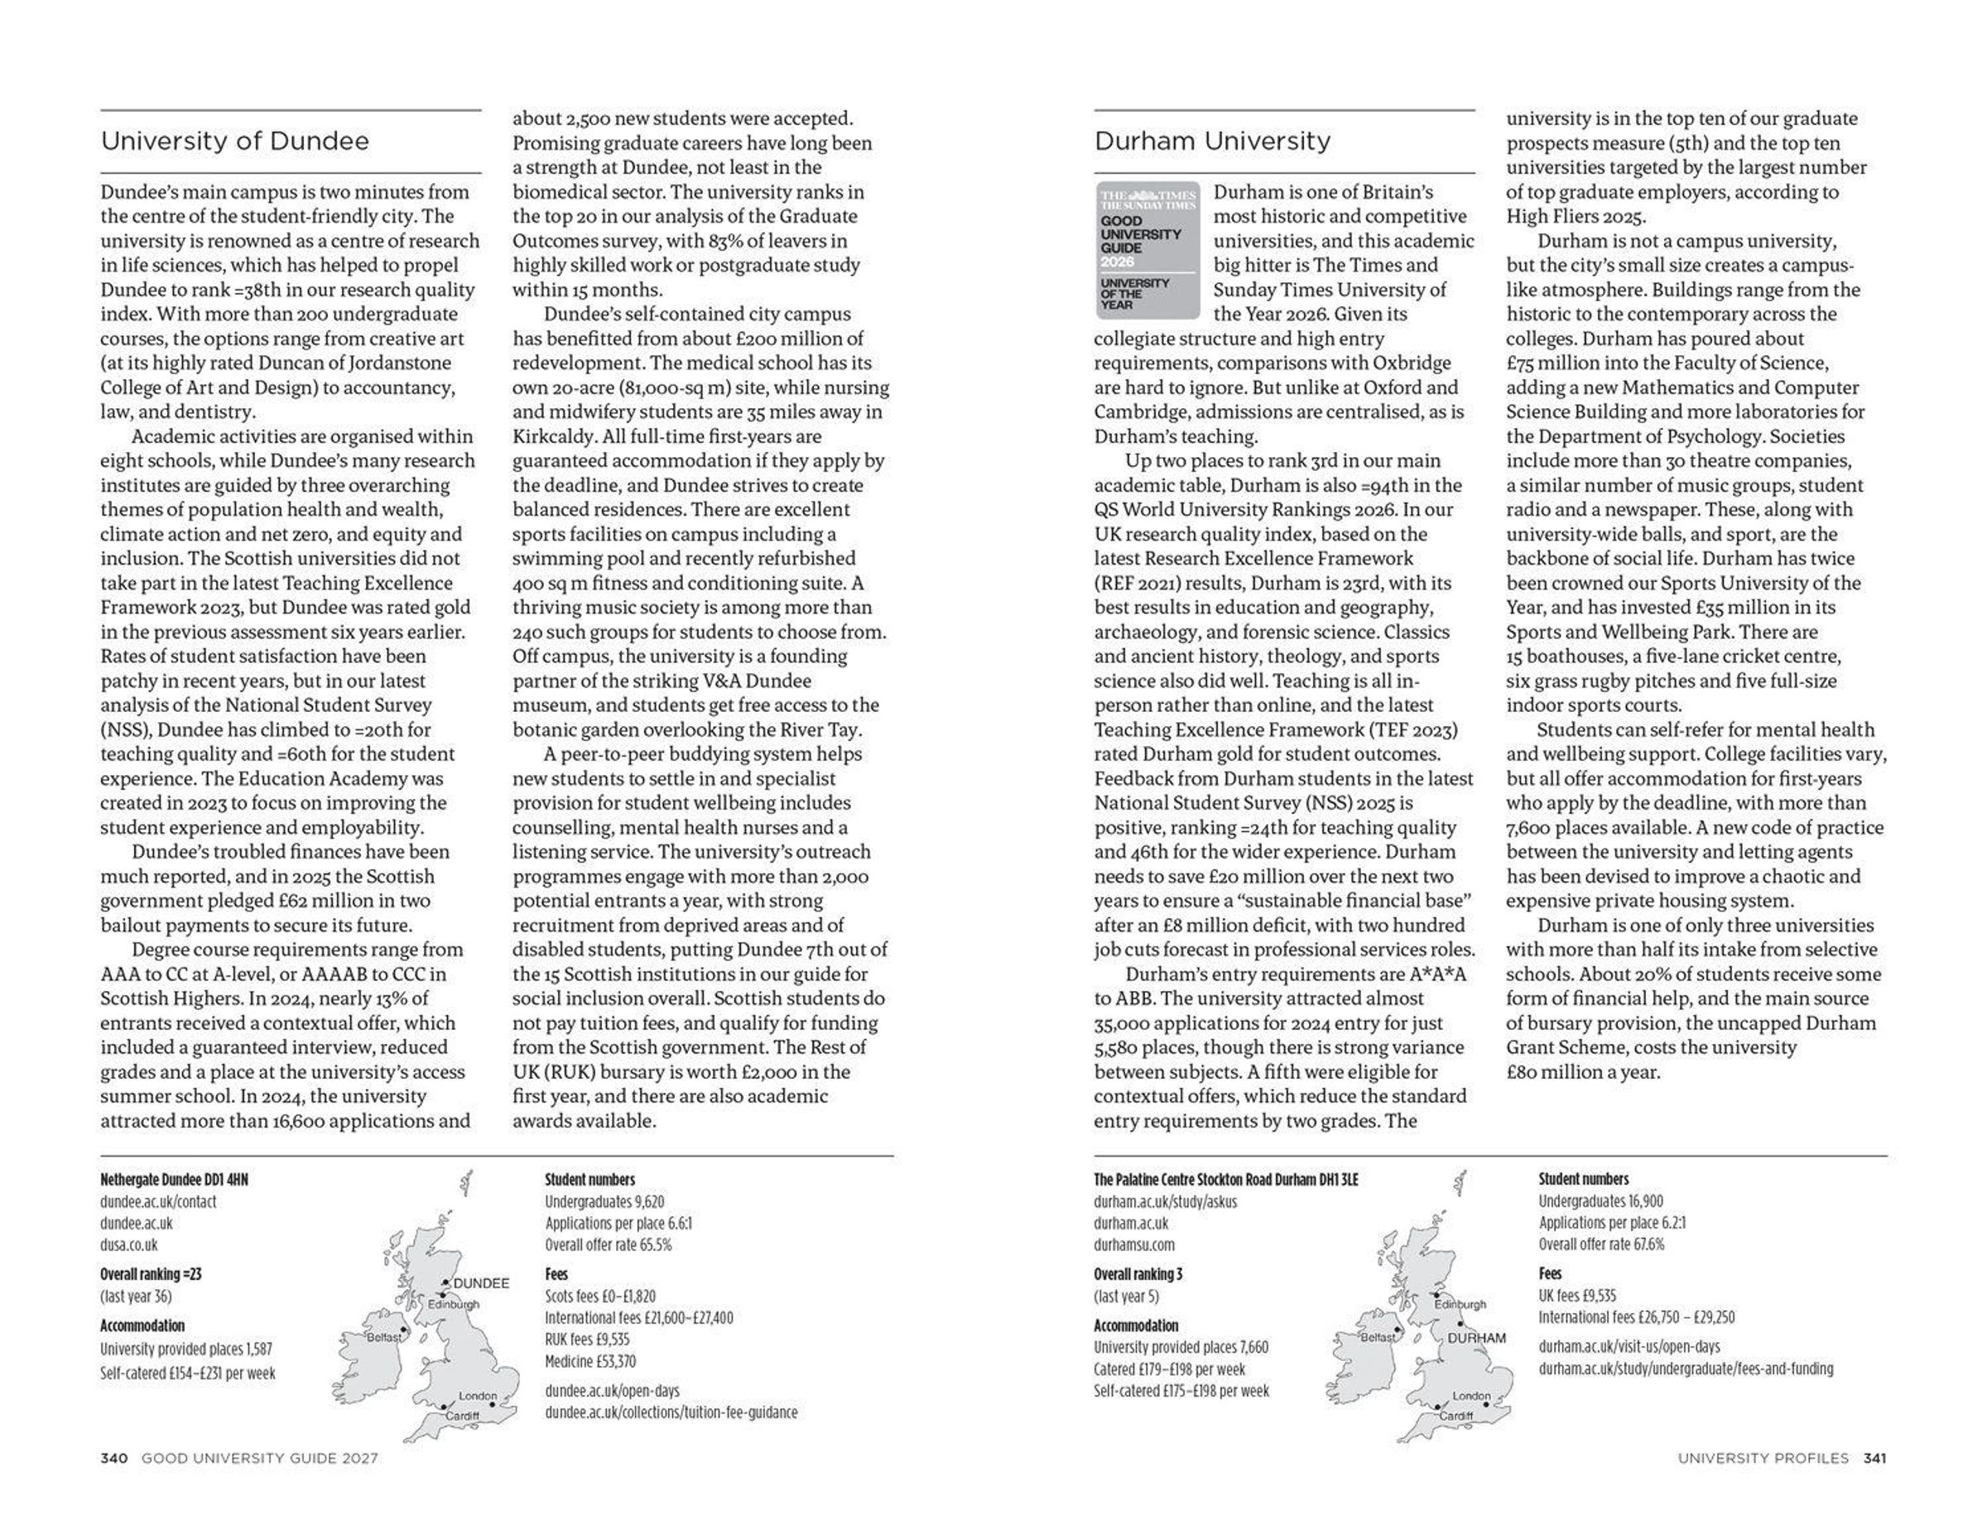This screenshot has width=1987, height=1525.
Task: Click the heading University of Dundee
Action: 234,142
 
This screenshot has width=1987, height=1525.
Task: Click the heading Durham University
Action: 1212,142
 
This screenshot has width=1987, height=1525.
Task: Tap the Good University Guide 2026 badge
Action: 1147,251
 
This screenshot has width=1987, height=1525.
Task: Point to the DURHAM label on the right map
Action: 1476,1338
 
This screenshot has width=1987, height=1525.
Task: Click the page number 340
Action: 113,1459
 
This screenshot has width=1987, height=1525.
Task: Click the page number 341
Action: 1874,1459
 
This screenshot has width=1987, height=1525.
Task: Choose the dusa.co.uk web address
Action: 128,1245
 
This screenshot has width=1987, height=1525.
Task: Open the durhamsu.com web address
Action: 1133,1245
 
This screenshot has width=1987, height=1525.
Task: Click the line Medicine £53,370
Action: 590,1362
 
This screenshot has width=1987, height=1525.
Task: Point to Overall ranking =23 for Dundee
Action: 151,1274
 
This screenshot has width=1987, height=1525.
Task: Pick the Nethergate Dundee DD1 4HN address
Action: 173,1180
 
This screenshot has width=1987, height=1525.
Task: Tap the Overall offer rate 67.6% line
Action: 1600,1244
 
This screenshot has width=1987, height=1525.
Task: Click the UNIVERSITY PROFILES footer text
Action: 1762,1459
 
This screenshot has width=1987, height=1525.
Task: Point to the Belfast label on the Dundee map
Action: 383,1338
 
